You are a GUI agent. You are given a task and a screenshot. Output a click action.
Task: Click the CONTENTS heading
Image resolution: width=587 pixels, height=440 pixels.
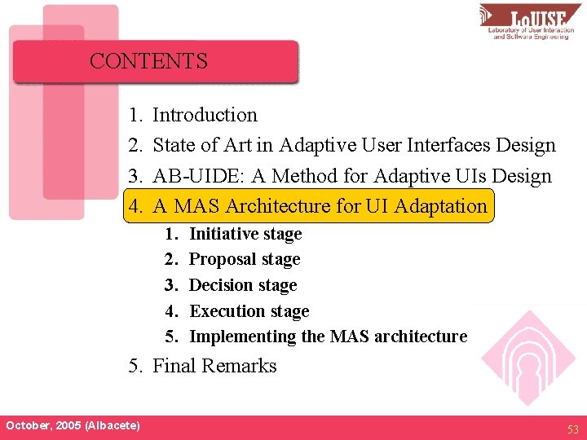click(x=148, y=61)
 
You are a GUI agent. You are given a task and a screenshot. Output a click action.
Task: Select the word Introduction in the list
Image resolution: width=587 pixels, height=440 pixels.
click(x=205, y=115)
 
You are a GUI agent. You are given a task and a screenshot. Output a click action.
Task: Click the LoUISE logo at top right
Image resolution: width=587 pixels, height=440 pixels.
click(x=531, y=22)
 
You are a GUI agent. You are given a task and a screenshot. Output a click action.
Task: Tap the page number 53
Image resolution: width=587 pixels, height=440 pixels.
click(x=573, y=428)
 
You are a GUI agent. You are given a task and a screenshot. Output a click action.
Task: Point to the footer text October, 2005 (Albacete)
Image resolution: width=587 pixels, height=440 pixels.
click(x=73, y=426)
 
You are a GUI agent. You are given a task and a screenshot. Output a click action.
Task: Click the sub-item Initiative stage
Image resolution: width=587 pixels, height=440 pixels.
click(x=245, y=234)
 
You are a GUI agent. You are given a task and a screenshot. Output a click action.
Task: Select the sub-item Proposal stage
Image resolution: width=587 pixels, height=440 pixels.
click(x=244, y=259)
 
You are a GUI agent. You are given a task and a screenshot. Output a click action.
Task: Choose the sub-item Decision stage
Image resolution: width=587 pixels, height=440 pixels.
click(x=242, y=285)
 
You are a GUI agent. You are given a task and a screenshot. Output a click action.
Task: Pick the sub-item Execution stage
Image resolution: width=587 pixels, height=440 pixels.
click(x=249, y=310)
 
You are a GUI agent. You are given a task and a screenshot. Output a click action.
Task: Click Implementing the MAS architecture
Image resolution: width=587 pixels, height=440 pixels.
click(x=328, y=337)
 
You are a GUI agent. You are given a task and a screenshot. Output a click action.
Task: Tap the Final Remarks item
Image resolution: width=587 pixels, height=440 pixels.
click(x=214, y=366)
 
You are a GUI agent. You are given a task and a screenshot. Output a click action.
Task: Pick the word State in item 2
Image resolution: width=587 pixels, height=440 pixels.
click(x=174, y=145)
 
